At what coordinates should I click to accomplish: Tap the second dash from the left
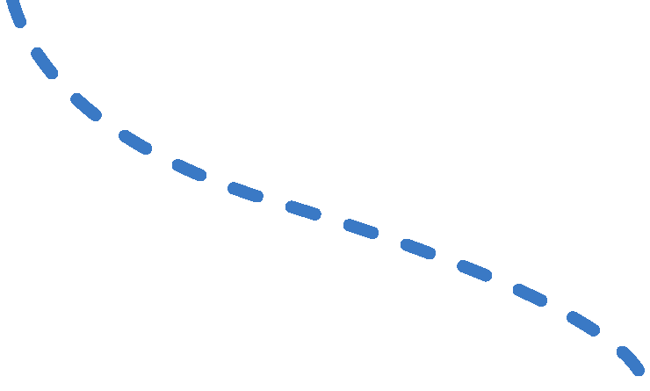pyautogui.click(x=45, y=63)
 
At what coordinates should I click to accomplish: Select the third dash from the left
pyautogui.click(x=86, y=106)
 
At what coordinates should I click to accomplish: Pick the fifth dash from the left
pyautogui.click(x=189, y=170)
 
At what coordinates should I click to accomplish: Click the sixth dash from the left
pyautogui.click(x=245, y=192)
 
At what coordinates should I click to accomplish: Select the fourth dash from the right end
pyautogui.click(x=474, y=270)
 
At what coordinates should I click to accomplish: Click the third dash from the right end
pyautogui.click(x=530, y=294)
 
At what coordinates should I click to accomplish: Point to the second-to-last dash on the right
pyautogui.click(x=582, y=323)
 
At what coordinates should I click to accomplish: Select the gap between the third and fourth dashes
pyautogui.click(x=110, y=125)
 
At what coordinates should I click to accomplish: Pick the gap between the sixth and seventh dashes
pyautogui.click(x=274, y=201)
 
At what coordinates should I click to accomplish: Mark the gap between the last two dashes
pyautogui.click(x=608, y=341)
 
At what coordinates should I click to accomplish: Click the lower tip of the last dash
pyautogui.click(x=639, y=369)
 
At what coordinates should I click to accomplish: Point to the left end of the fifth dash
pyautogui.click(x=177, y=164)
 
